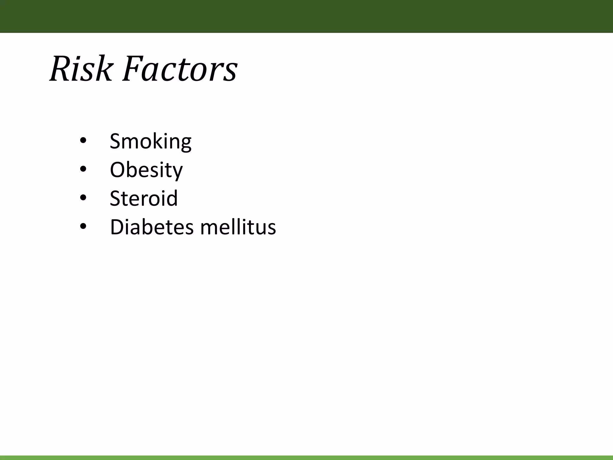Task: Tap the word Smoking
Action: (x=151, y=141)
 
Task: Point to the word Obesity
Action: (x=146, y=170)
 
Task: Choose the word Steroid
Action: (x=144, y=198)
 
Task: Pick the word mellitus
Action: (x=238, y=227)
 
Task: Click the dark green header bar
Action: (x=306, y=16)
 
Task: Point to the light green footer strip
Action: (x=306, y=458)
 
